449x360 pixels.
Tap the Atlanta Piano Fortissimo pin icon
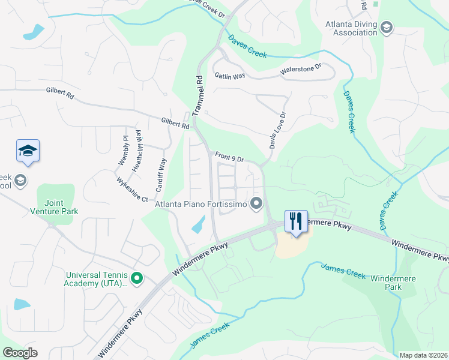[258, 204]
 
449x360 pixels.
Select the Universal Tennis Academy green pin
[136, 278]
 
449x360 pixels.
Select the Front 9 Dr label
[229, 158]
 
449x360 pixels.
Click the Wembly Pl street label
[123, 151]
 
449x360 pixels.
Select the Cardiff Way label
[161, 174]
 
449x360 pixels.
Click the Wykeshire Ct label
[132, 188]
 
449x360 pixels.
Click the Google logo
[20, 353]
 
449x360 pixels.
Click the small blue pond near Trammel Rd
[197, 226]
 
